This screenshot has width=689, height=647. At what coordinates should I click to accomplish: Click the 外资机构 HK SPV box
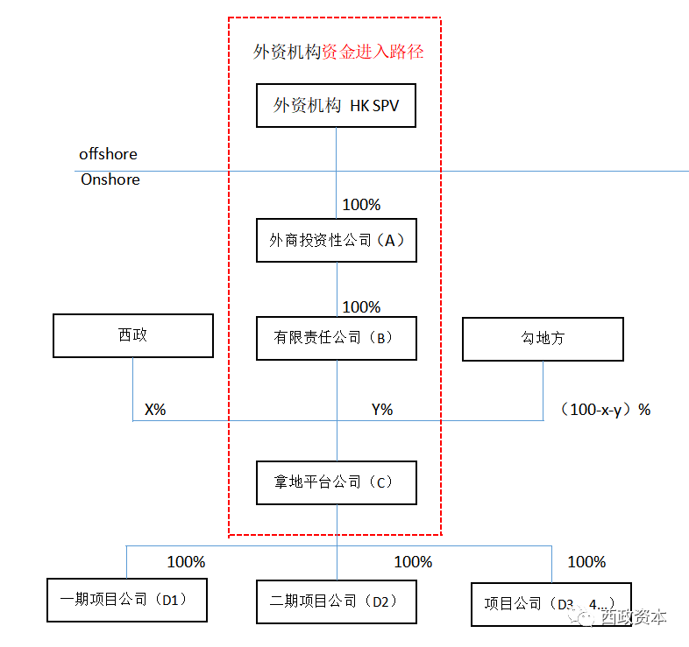[x=336, y=107]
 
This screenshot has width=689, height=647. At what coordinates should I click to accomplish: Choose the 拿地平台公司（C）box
[x=336, y=482]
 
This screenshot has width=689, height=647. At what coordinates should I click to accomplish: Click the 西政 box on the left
[x=133, y=335]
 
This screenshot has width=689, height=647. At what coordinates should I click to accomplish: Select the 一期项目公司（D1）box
[x=126, y=600]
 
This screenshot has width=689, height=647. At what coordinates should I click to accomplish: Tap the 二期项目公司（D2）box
[x=336, y=601]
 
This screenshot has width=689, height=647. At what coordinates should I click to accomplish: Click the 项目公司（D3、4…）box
[x=550, y=604]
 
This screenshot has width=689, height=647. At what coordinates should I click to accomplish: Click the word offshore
[x=108, y=154]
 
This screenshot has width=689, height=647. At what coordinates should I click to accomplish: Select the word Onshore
[x=110, y=179]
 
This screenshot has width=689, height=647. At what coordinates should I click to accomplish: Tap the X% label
[x=155, y=409]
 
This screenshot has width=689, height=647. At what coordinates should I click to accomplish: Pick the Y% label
[x=382, y=409]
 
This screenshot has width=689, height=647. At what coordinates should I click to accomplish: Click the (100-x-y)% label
[x=604, y=409]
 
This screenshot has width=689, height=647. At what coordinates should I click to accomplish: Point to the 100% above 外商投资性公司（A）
[x=361, y=205]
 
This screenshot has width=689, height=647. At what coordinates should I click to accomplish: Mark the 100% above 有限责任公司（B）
[x=361, y=307]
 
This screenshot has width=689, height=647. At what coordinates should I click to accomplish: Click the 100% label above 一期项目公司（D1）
[x=186, y=561]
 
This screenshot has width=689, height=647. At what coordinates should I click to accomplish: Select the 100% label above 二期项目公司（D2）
[x=413, y=561]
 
